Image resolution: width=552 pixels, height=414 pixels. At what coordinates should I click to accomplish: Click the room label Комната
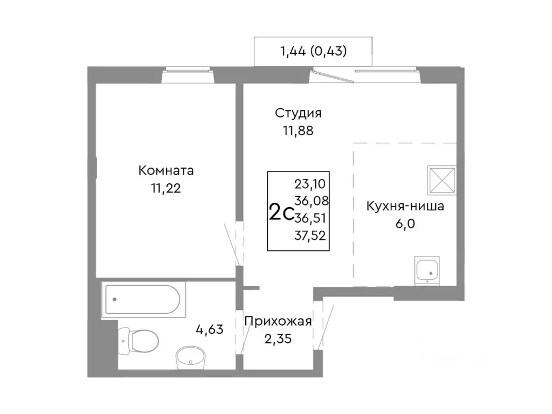166,171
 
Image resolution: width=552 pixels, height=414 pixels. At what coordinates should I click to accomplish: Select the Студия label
298,113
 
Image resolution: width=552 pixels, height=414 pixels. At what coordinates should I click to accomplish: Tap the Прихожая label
278,322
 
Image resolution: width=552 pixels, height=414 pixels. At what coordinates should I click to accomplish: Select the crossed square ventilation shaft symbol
441,180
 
